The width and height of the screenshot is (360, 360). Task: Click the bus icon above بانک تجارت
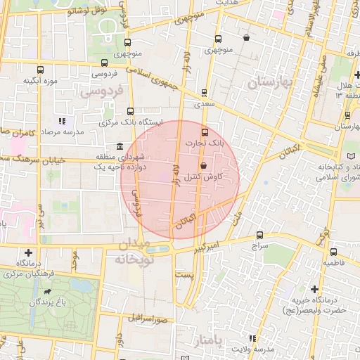coord(205,132)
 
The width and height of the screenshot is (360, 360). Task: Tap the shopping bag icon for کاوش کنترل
coord(204,166)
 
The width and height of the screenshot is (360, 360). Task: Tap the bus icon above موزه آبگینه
coord(40,70)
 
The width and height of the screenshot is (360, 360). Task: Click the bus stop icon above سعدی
coord(205,92)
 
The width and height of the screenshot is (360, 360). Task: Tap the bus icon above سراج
coord(260,235)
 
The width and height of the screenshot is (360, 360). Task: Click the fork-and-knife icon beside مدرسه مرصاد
coord(63,121)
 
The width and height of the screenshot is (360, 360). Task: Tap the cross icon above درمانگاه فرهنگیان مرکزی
coord(28,252)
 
